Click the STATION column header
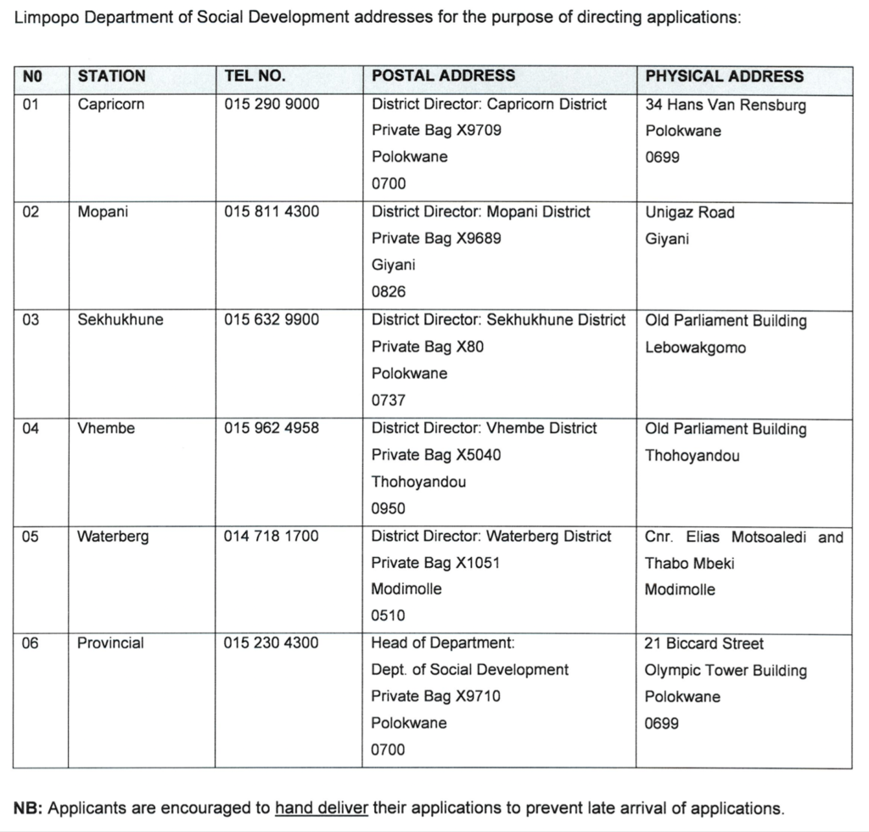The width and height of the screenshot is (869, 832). pyautogui.click(x=111, y=76)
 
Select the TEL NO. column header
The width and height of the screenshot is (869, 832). pyautogui.click(x=255, y=76)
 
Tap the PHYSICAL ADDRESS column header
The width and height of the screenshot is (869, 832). pyautogui.click(x=724, y=76)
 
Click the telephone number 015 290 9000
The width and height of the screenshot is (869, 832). pyautogui.click(x=272, y=104)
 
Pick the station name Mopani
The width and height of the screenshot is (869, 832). pyautogui.click(x=103, y=211)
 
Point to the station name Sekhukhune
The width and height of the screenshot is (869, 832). pyautogui.click(x=120, y=320)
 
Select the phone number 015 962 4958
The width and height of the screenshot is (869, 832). pyautogui.click(x=272, y=428)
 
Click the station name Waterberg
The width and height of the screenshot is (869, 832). pyautogui.click(x=113, y=537)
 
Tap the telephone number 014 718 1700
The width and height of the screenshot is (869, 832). pyautogui.click(x=272, y=537)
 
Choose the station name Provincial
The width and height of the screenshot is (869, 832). pyautogui.click(x=110, y=643)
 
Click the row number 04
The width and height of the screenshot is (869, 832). pyautogui.click(x=31, y=428)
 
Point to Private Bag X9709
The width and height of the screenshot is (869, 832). pyautogui.click(x=436, y=131)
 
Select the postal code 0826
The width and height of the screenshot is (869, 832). pyautogui.click(x=389, y=292)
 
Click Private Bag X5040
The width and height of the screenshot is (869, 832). pyautogui.click(x=436, y=455)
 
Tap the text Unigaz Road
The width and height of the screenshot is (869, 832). pyautogui.click(x=689, y=212)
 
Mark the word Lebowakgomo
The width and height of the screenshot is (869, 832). pyautogui.click(x=695, y=347)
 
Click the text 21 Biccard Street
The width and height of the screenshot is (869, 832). pyautogui.click(x=704, y=644)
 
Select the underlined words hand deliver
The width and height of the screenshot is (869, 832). pyautogui.click(x=322, y=807)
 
